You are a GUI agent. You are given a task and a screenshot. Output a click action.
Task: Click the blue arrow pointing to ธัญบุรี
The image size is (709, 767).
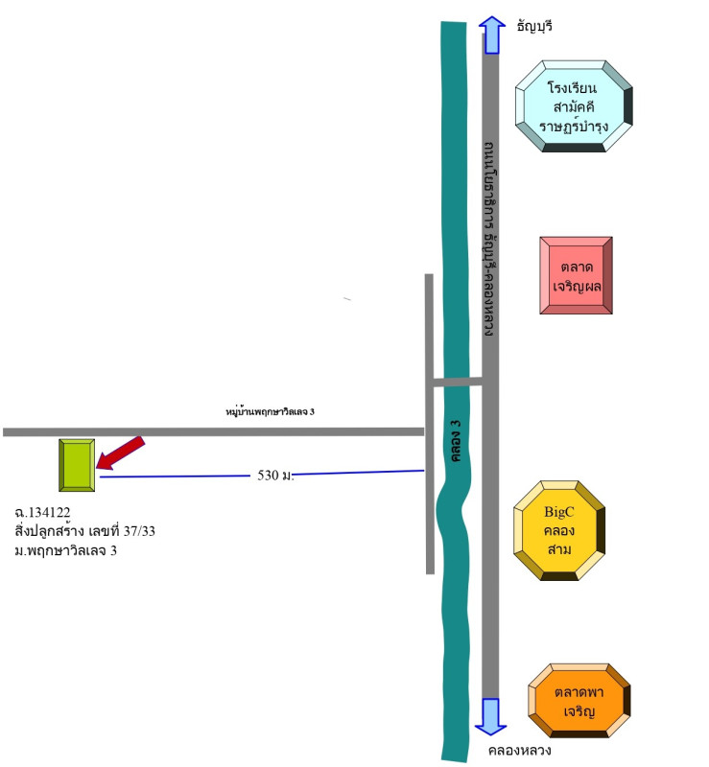click(x=491, y=35)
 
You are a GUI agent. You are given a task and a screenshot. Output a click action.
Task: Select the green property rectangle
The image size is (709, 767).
click(x=76, y=466)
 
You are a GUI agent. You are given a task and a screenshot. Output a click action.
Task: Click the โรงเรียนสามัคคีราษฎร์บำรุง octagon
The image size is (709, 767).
click(x=574, y=105)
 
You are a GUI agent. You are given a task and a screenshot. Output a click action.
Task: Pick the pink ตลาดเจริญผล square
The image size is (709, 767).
click(x=576, y=275)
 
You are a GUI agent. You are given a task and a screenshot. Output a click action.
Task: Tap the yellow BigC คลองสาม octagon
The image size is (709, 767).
click(x=559, y=530)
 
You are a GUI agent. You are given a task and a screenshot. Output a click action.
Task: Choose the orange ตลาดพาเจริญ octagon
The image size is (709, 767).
click(x=580, y=701)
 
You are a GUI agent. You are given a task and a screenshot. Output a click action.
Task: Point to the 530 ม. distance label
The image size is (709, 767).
click(x=275, y=475)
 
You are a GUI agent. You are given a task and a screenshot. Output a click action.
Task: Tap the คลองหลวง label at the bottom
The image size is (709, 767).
click(x=519, y=750)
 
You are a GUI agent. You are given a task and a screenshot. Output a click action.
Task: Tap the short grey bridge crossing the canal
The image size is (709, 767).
click(x=456, y=382)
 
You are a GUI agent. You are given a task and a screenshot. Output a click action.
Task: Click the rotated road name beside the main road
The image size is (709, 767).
click(x=489, y=240)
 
